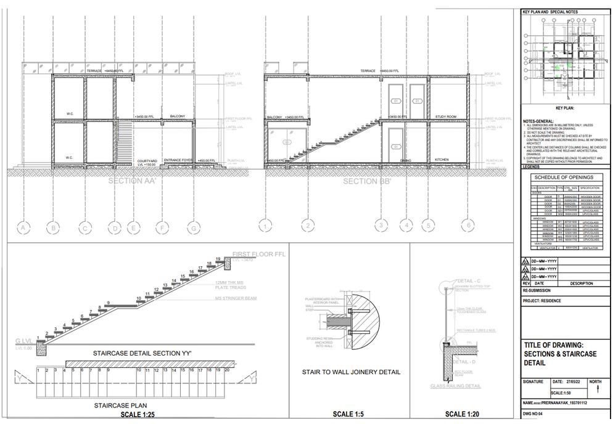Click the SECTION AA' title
132,181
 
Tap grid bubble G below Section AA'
193,229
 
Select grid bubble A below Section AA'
23,229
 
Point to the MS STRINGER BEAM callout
234,298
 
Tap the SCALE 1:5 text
348,414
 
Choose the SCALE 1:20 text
462,414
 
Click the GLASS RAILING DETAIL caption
456,386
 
